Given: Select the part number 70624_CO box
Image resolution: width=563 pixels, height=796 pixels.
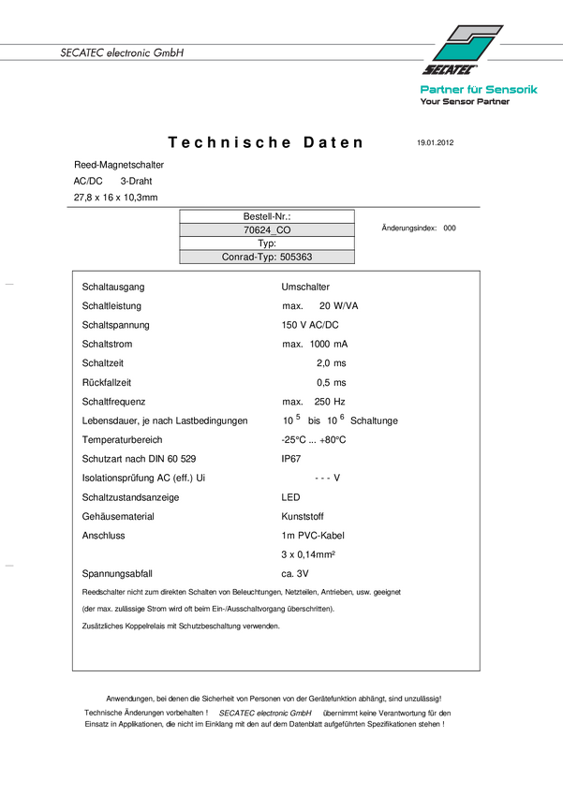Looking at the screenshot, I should tap(267, 229).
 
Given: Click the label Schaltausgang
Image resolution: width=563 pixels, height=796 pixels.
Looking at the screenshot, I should tap(113, 287).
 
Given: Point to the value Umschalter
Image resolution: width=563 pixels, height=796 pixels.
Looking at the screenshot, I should tap(304, 287).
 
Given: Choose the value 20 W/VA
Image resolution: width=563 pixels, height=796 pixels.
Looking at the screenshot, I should tap(340, 306).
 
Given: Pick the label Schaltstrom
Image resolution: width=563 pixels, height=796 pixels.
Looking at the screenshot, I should tap(108, 345).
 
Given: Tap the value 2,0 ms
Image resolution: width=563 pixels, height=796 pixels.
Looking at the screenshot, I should tap(331, 363).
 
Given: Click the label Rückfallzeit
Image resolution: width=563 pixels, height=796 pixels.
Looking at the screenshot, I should tap(106, 382).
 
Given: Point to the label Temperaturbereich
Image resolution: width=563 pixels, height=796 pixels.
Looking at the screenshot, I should tap(122, 440).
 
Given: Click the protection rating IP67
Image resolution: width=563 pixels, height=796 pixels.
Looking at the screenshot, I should tap(291, 459).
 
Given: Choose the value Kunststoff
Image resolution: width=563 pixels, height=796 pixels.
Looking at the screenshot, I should tap(304, 516).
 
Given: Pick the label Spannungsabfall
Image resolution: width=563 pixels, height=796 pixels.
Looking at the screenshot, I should tap(117, 573).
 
